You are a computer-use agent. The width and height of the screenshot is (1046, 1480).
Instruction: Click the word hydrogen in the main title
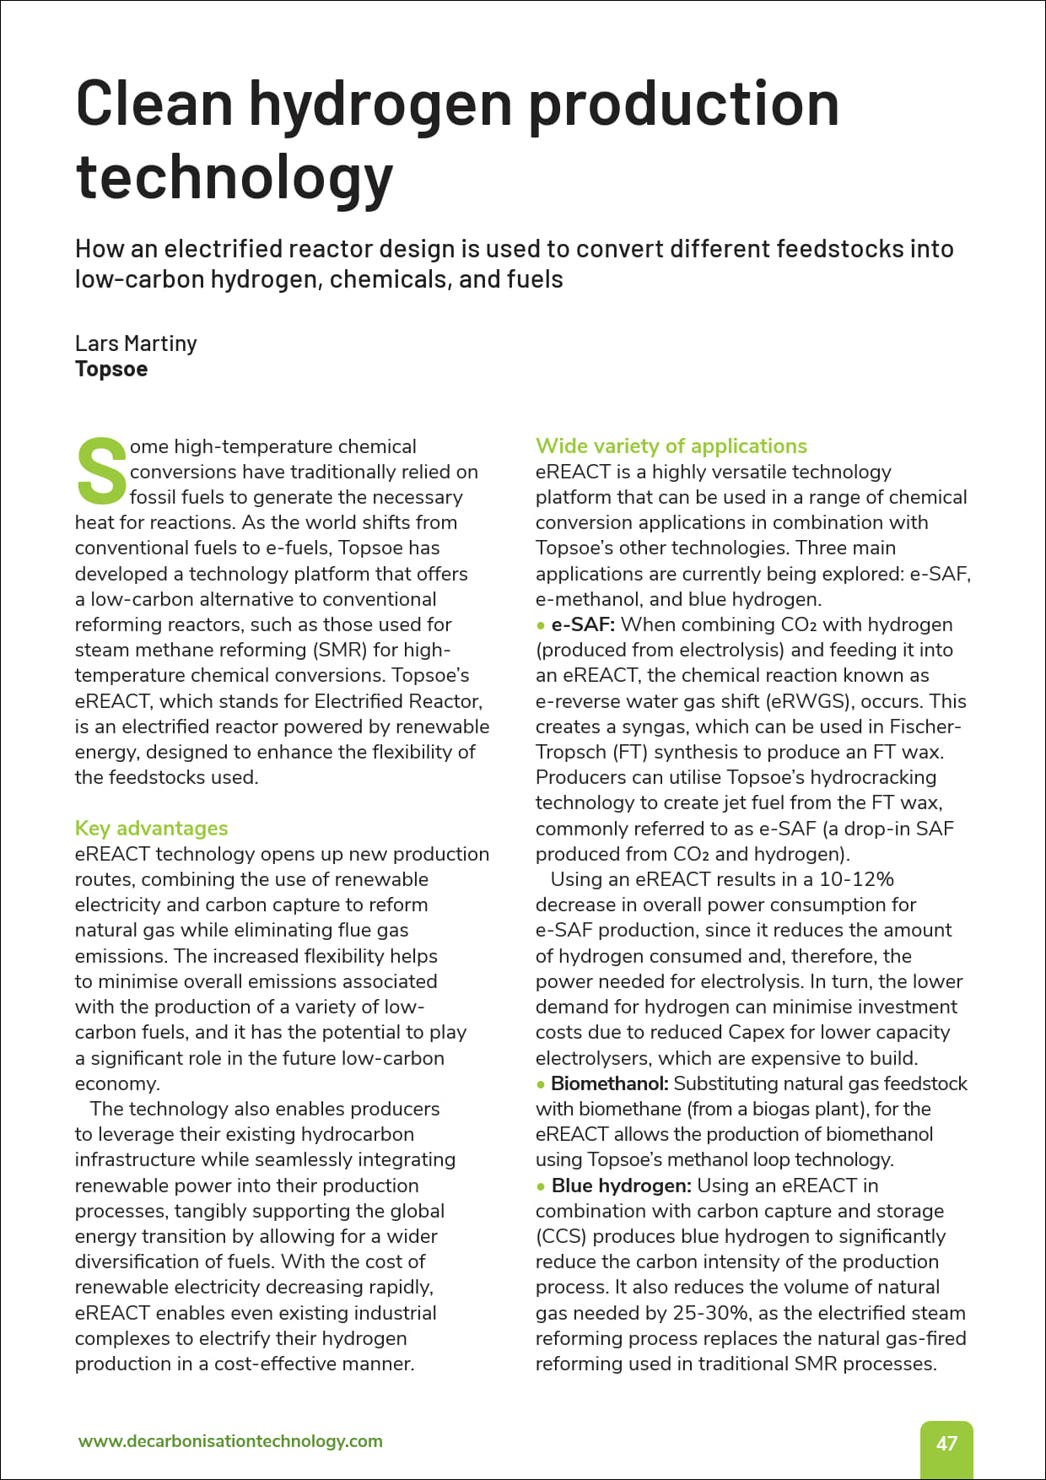coord(380,105)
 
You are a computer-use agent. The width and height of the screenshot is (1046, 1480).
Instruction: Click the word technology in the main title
coord(235,177)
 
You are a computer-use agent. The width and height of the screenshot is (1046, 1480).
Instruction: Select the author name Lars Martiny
coord(136,343)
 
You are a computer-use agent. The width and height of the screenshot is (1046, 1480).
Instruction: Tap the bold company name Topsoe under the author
coord(111,369)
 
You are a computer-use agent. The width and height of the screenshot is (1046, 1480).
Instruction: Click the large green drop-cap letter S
coord(100,470)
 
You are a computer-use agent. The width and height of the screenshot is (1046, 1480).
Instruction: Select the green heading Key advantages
coord(151,828)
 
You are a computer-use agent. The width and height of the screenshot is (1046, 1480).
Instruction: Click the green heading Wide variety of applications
coord(671,446)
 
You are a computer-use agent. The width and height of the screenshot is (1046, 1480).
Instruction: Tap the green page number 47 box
coord(946,1443)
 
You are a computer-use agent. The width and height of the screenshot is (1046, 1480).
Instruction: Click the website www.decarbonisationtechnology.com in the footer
coord(230,1441)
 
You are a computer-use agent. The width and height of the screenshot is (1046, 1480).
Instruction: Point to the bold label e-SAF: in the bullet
coord(583,624)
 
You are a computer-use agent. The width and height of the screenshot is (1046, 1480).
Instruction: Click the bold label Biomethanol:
coord(609,1083)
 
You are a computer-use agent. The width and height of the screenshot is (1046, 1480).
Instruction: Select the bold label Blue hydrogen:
coord(621,1186)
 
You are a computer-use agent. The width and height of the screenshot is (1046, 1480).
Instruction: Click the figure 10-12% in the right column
coord(856,879)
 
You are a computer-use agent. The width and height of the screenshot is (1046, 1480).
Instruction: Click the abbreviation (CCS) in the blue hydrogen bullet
coord(561,1236)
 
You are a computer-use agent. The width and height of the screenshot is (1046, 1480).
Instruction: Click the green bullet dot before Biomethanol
coord(541,1084)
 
